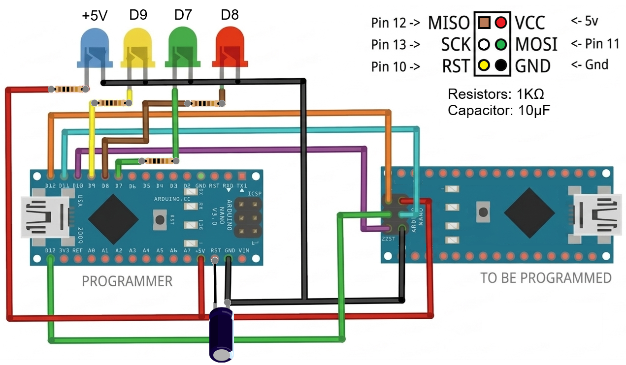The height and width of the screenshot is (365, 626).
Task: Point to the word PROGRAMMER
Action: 127,281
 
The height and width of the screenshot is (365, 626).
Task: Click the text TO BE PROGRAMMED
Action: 546,278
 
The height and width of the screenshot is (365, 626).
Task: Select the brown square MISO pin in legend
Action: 484,23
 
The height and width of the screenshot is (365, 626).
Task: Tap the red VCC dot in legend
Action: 501,23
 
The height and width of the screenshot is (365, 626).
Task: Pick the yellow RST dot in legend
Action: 484,65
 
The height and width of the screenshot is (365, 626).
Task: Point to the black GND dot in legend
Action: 501,65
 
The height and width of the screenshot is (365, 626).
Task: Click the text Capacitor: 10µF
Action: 498,110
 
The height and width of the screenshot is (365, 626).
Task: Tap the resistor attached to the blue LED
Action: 68,90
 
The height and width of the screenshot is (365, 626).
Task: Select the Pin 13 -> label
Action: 395,44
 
